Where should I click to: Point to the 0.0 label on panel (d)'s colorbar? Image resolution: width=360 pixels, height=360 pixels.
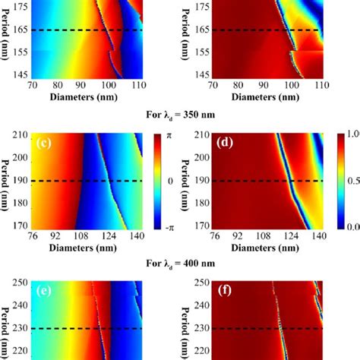pos(351,226)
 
